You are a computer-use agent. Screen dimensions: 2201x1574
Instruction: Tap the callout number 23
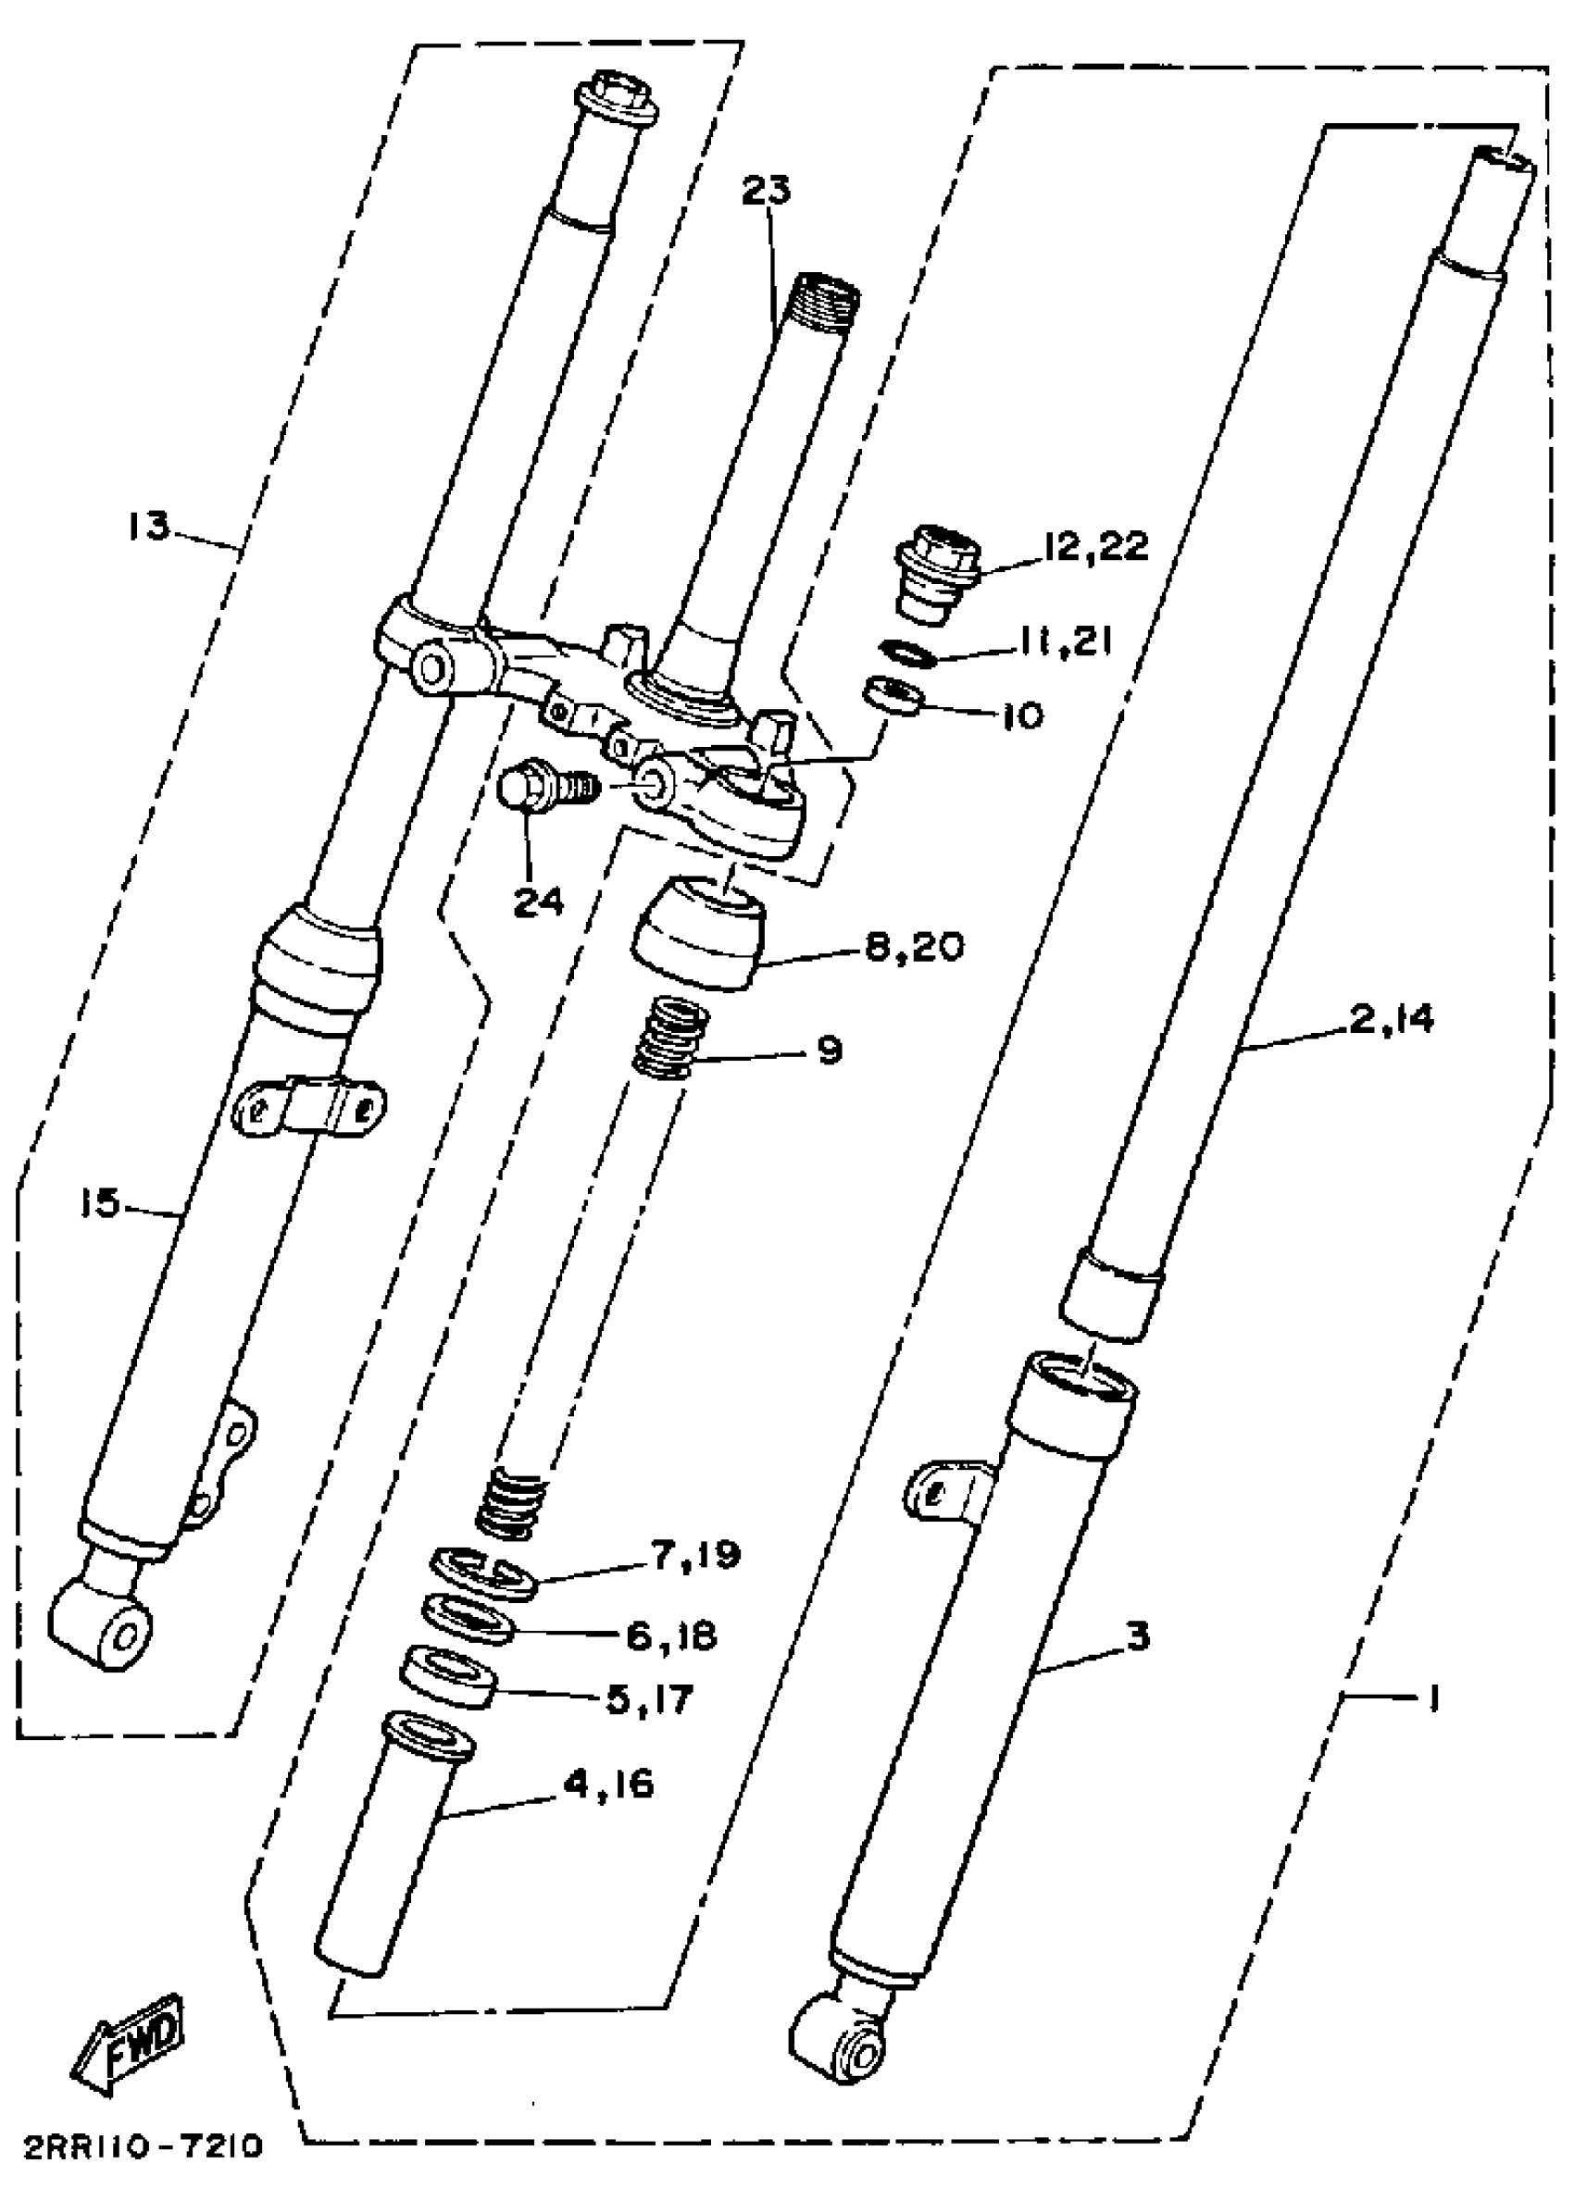(766, 190)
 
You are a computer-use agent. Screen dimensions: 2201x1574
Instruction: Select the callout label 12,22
(1095, 545)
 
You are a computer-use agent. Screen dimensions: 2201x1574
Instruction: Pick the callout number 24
(538, 902)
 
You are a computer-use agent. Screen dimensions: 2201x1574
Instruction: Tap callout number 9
(830, 1050)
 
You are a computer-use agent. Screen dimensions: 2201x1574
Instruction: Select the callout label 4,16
(609, 1784)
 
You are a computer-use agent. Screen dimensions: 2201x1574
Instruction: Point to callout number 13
(147, 526)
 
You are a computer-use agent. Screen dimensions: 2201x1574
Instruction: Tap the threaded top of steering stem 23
(827, 290)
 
